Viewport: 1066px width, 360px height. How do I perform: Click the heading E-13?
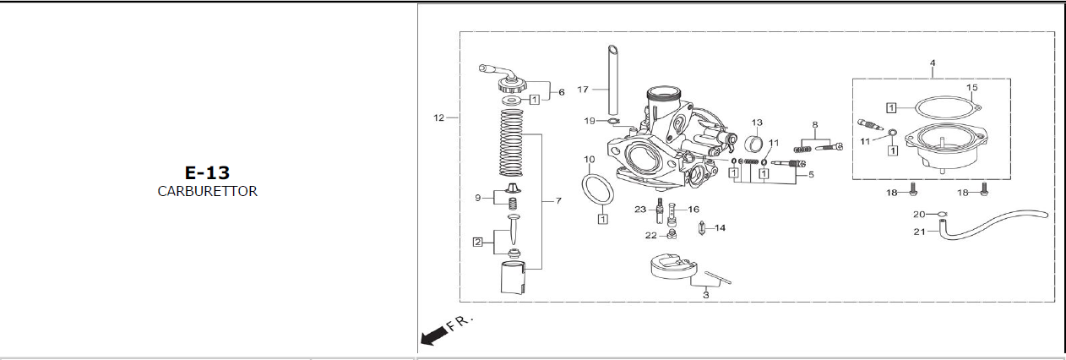tap(207, 172)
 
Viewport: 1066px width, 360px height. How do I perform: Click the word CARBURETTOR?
tap(207, 192)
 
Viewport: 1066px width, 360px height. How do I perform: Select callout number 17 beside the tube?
tap(583, 89)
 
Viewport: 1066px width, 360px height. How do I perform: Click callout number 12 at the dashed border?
tap(438, 117)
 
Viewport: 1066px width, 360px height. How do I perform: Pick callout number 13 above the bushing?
tap(757, 123)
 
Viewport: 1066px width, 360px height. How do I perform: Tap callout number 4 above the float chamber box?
tap(933, 63)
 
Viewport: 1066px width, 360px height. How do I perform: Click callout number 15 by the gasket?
tap(971, 88)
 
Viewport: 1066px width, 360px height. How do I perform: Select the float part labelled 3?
tap(671, 268)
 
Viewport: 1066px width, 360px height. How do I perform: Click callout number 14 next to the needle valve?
tap(720, 227)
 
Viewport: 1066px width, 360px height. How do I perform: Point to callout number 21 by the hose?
tap(919, 232)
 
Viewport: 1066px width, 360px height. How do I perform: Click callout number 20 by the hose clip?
tap(919, 215)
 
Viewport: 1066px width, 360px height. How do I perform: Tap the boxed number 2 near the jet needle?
tap(478, 242)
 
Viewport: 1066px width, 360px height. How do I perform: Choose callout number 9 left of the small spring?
tap(478, 198)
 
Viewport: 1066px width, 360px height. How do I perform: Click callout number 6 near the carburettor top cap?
tap(562, 92)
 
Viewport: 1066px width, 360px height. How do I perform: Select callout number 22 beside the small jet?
tap(651, 235)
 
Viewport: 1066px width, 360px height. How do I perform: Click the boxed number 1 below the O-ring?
tap(603, 219)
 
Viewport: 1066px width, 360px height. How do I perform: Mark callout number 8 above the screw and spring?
tap(815, 125)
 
